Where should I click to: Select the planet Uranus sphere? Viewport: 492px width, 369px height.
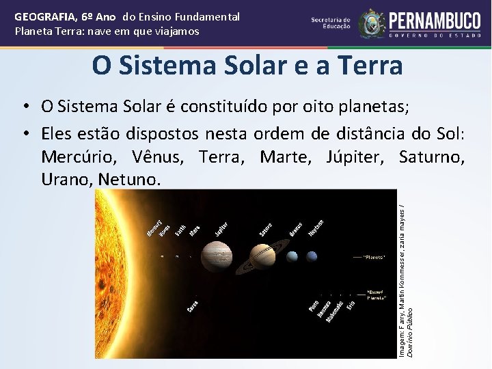[293, 257]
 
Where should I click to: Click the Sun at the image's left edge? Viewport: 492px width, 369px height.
[116, 273]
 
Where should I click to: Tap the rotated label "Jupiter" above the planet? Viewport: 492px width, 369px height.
[221, 230]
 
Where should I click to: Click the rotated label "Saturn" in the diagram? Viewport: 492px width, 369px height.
[266, 230]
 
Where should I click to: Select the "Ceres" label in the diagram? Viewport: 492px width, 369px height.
[194, 307]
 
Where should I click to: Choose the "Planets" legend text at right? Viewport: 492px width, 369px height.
[377, 258]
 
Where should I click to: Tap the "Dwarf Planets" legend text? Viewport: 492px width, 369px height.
[377, 294]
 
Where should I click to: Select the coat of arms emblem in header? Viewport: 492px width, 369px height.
[372, 23]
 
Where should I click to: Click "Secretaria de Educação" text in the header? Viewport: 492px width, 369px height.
[331, 23]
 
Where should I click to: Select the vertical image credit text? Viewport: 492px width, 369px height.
[406, 273]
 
